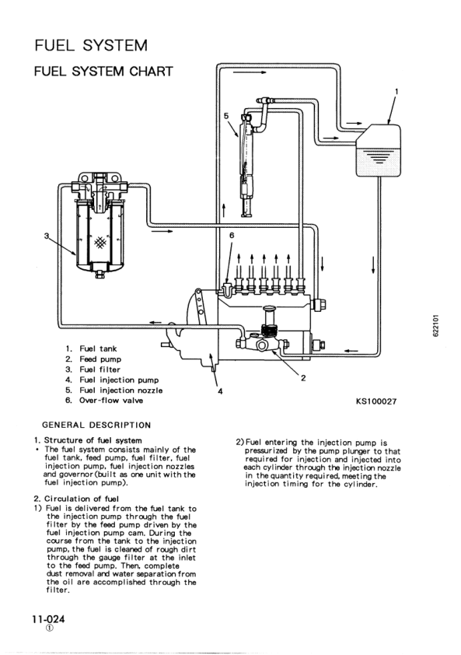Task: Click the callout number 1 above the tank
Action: click(396, 91)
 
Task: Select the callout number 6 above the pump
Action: click(231, 234)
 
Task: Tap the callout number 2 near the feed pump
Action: click(302, 378)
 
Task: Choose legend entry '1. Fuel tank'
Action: click(92, 349)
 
